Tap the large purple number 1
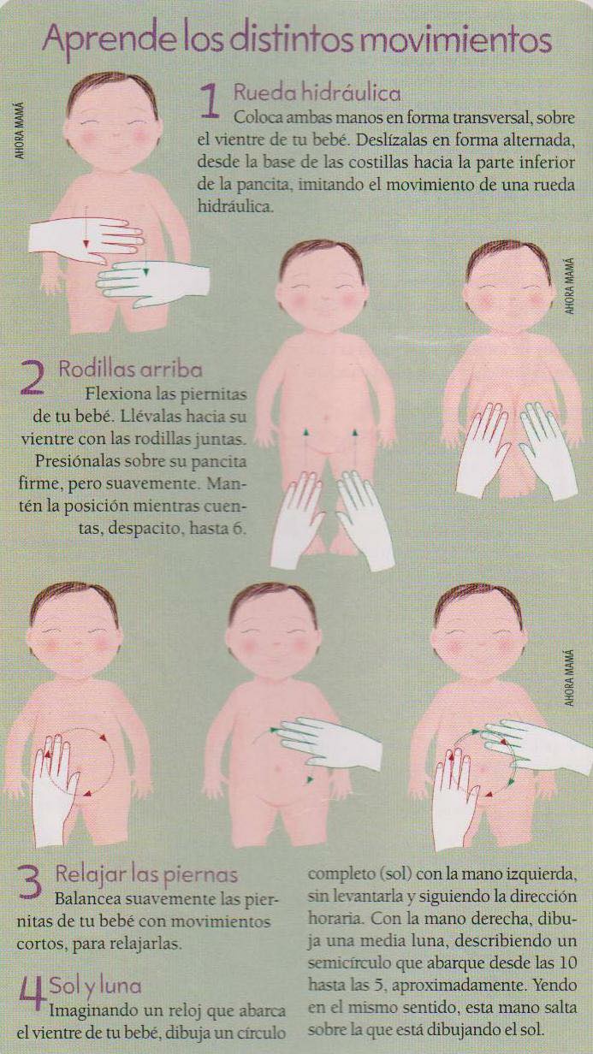tap(210, 101)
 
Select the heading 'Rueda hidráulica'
tap(317, 93)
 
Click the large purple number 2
tap(33, 378)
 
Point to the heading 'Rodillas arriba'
tap(130, 370)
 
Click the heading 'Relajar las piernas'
tap(146, 874)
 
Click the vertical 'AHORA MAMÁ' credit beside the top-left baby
tap(20, 130)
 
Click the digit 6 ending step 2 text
tap(237, 529)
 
